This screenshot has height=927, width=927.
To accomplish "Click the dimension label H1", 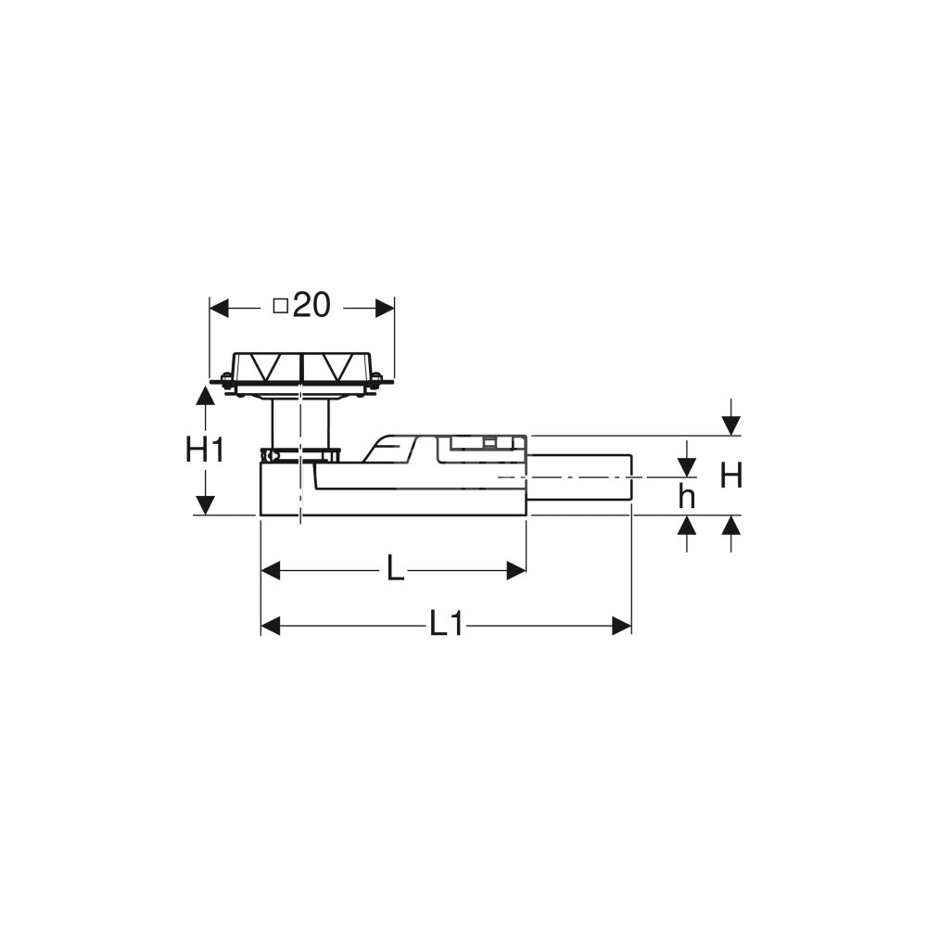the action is pyautogui.click(x=205, y=451).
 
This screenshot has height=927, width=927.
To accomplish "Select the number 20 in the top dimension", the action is pyautogui.click(x=311, y=306).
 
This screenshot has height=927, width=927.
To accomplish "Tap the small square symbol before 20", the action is pyautogui.click(x=280, y=306).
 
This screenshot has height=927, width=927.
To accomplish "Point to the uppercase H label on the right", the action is pyautogui.click(x=731, y=476).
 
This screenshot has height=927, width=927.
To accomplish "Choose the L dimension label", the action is pyautogui.click(x=395, y=570).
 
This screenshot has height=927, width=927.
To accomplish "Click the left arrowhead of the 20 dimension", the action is pyautogui.click(x=220, y=308).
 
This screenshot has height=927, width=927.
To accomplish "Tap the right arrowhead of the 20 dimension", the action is pyautogui.click(x=385, y=308).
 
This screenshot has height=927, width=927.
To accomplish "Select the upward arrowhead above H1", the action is pyautogui.click(x=205, y=394).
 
